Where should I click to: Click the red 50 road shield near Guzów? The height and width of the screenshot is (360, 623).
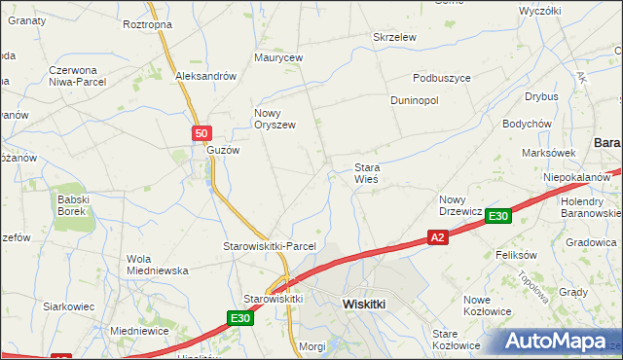[201, 133]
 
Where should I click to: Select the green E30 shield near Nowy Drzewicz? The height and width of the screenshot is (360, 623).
[498, 216]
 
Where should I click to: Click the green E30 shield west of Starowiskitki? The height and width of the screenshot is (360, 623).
[241, 318]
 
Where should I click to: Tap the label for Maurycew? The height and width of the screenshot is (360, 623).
[279, 58]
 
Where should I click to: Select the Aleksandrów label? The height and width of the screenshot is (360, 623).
[206, 76]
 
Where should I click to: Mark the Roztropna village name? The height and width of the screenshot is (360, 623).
[148, 23]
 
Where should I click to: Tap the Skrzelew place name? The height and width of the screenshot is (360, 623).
[395, 37]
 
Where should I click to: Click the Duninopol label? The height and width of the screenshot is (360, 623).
[415, 100]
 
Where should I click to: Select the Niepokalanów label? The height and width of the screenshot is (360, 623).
[577, 177]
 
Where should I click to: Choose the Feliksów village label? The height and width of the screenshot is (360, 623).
[517, 254]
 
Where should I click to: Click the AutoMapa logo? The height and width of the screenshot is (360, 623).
[554, 342]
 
